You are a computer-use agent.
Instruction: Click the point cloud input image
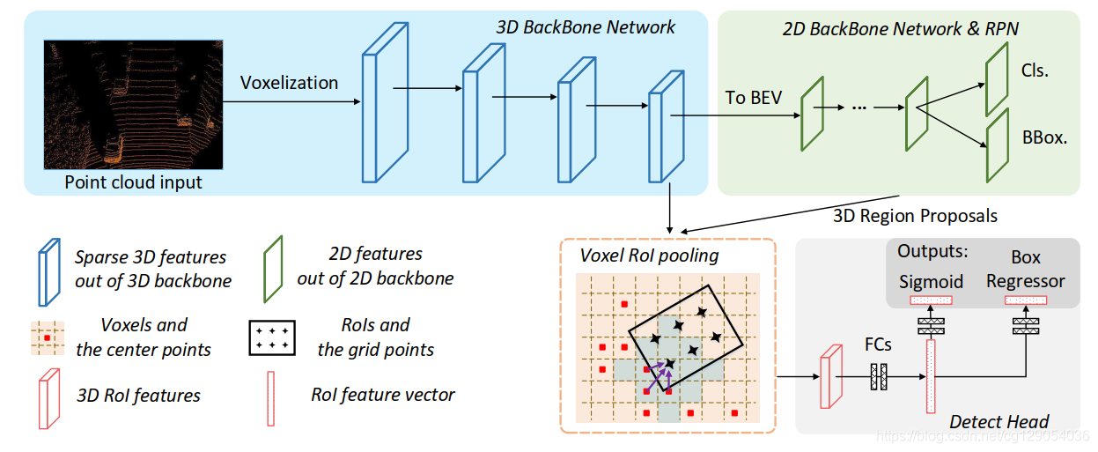tap(133, 104)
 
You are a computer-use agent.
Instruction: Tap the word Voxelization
tap(289, 83)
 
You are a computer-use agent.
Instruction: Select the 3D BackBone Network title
tap(586, 27)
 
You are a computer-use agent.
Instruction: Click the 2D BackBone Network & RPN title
tap(900, 29)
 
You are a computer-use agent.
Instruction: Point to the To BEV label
tap(753, 97)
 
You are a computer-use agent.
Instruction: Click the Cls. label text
tap(1035, 70)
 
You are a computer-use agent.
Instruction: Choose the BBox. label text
tap(1044, 137)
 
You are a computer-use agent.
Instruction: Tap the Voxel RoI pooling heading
tap(649, 256)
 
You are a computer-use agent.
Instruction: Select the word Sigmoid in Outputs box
tap(932, 281)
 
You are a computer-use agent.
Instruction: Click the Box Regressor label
tap(1025, 270)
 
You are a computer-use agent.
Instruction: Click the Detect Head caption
tap(999, 422)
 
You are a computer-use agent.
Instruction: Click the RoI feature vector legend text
tap(382, 395)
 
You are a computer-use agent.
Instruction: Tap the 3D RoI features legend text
tap(138, 396)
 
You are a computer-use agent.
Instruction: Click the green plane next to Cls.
tap(996, 79)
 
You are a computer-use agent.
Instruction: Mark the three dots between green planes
tap(859, 107)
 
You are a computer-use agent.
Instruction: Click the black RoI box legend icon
tap(272, 337)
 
